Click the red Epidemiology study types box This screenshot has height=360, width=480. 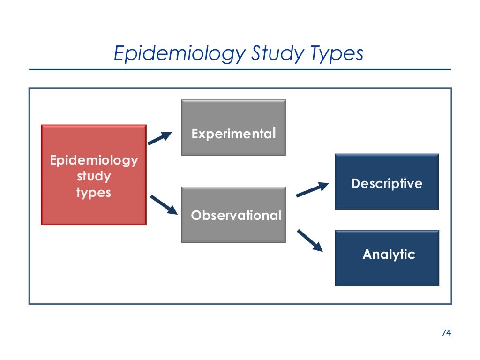(x=94, y=206)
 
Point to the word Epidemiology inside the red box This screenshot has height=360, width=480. (x=94, y=161)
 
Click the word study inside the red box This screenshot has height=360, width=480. (x=94, y=177)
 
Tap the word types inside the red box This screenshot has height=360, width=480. (x=94, y=192)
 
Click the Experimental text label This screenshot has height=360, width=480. (x=233, y=134)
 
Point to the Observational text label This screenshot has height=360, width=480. (x=236, y=215)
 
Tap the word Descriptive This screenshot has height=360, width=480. (x=387, y=183)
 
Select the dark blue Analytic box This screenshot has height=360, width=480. (x=387, y=272)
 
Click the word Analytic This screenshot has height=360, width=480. (x=389, y=255)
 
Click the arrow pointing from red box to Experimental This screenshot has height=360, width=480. (x=160, y=138)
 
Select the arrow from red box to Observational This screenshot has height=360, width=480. (x=164, y=205)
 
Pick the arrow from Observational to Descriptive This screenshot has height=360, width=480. (x=312, y=189)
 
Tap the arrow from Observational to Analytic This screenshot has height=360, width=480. (x=310, y=240)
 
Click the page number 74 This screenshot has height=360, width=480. (x=446, y=333)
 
